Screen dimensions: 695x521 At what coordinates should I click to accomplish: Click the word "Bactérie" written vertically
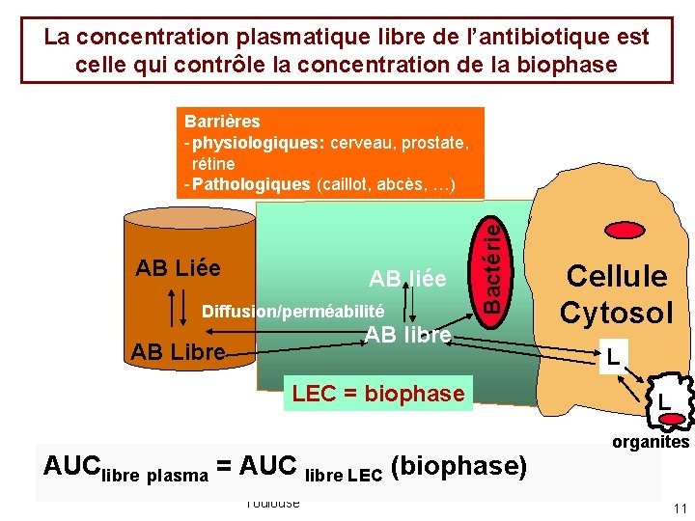click(491, 263)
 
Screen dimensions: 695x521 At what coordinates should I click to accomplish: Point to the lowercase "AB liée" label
click(407, 280)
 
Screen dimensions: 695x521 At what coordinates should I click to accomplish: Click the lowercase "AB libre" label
click(407, 335)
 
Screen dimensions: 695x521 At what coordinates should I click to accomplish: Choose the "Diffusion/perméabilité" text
click(292, 312)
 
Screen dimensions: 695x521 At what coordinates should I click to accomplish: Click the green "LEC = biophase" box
click(378, 394)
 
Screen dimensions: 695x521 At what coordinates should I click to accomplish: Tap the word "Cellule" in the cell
click(616, 276)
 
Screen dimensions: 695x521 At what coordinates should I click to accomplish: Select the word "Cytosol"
click(616, 313)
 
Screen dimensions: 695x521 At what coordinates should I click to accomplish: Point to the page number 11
click(680, 508)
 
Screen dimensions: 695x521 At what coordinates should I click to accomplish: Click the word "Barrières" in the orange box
click(221, 123)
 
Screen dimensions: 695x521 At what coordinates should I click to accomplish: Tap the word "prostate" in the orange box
click(430, 143)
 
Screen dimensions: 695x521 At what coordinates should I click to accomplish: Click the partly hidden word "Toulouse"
click(272, 503)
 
